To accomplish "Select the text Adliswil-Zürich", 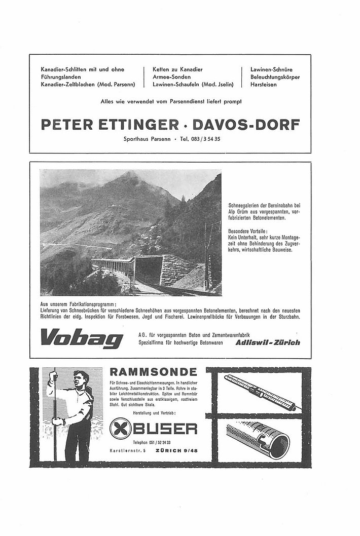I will click(268, 342).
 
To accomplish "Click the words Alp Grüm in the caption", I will click(240, 209).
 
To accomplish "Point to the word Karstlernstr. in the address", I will click(123, 449).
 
